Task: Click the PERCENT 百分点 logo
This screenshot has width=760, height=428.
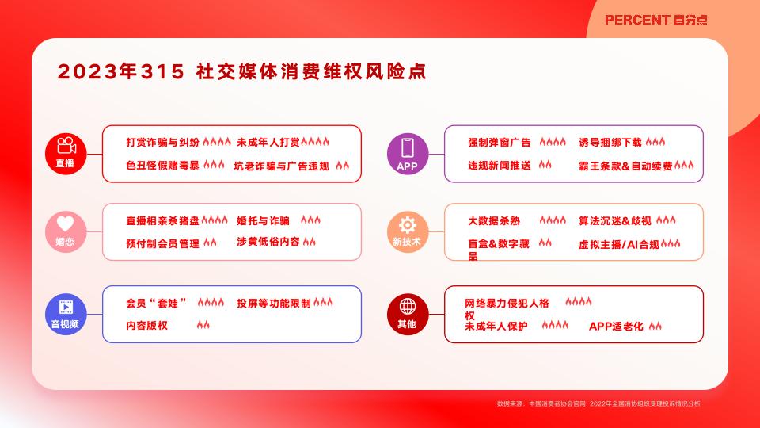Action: point(655,20)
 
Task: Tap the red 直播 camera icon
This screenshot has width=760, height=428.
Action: point(66,153)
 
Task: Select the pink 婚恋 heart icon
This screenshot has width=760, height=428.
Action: point(66,231)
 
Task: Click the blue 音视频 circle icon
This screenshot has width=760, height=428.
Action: point(66,314)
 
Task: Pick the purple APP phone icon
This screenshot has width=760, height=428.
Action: point(408,153)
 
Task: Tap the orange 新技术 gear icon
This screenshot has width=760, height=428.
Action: point(408,231)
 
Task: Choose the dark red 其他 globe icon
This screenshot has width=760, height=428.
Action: point(408,314)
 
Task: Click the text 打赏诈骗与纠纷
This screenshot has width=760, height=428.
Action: point(163,142)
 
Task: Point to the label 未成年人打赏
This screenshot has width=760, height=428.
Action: point(268,142)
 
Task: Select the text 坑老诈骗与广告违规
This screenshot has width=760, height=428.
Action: point(282,166)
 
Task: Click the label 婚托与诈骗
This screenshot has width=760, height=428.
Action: point(263,221)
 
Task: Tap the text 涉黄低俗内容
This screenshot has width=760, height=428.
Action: point(268,242)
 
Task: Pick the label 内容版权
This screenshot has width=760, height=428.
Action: point(147,325)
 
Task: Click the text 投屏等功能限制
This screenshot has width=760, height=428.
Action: point(274,304)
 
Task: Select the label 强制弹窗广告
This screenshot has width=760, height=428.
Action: point(500,142)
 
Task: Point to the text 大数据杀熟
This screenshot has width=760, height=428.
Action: point(494,221)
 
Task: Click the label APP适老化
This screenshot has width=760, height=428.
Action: point(616,326)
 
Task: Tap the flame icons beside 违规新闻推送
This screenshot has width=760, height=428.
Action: point(545,165)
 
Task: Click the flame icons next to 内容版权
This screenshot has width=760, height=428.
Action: point(203,325)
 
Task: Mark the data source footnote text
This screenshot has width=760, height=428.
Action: point(598,403)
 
